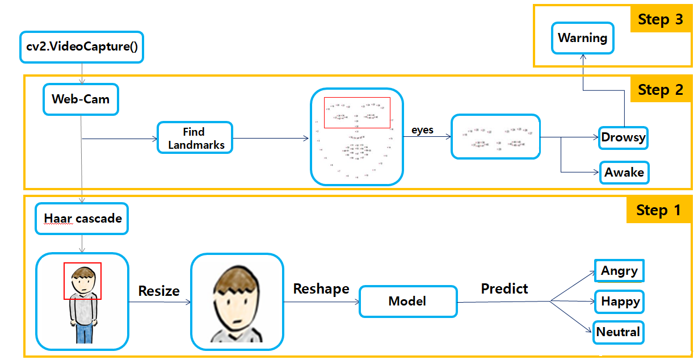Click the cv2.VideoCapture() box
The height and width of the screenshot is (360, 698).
[82, 47]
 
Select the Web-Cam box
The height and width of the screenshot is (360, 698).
[81, 99]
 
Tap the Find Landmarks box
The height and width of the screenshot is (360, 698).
[195, 138]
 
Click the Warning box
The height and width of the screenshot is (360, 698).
[583, 39]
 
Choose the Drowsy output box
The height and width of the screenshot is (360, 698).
[623, 137]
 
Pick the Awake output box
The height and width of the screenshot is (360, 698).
[624, 173]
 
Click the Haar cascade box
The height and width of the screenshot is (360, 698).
[82, 219]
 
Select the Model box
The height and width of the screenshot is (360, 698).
[407, 302]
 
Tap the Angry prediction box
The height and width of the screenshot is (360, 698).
[619, 271]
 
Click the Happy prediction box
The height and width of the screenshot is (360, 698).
[620, 302]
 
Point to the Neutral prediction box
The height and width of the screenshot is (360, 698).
[619, 332]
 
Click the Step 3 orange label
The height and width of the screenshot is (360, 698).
[660, 19]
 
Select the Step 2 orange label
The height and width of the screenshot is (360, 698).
[660, 90]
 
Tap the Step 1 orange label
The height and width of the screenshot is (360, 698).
[658, 210]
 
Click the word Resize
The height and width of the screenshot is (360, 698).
[159, 291]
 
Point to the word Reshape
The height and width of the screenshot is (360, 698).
[321, 289]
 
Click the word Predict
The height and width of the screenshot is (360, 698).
[504, 289]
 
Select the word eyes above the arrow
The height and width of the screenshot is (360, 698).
[422, 130]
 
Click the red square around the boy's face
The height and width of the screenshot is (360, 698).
[82, 281]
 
